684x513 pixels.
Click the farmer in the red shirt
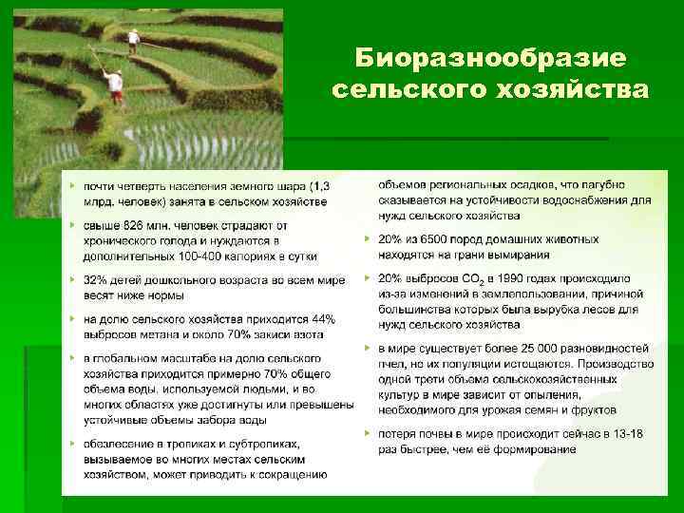point(116,86)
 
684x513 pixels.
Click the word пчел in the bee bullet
point(391,364)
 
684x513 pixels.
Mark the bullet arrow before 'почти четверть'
point(72,186)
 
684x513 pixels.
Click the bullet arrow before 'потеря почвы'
point(367,433)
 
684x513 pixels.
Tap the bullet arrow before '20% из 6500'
point(367,239)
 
